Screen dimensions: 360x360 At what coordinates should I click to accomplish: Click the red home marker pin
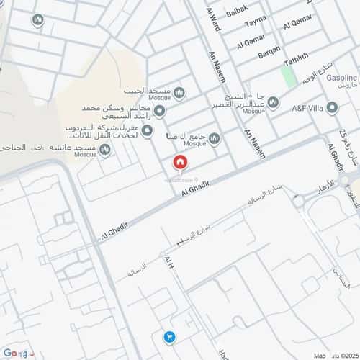179,163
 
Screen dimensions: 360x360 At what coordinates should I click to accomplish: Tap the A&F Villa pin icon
332,108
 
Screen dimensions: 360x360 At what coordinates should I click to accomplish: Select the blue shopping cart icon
169,336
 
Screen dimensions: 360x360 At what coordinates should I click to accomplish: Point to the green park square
289,77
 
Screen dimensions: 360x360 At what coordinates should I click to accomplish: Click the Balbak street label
236,9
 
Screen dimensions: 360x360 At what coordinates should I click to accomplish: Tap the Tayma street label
255,24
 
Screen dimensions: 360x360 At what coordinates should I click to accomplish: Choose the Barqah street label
269,50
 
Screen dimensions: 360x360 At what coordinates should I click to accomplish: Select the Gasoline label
342,77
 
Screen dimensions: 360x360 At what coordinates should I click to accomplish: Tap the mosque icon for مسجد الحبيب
179,91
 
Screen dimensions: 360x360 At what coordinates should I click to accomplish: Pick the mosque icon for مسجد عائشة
105,149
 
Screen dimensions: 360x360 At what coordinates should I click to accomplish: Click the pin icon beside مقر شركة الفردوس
147,130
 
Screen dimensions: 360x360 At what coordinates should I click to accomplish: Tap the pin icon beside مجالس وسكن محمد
160,110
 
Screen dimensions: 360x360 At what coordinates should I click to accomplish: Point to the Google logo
15,353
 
